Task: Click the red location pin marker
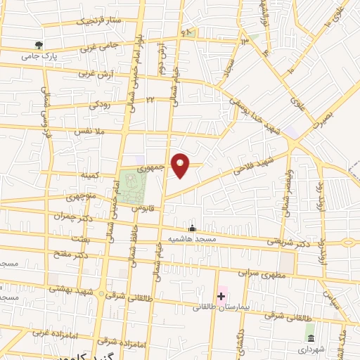point(181,165)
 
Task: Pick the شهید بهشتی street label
point(80,291)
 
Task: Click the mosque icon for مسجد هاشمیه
point(192,228)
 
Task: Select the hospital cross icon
point(221,296)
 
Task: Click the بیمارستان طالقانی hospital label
point(222,307)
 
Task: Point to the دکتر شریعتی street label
point(288,241)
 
